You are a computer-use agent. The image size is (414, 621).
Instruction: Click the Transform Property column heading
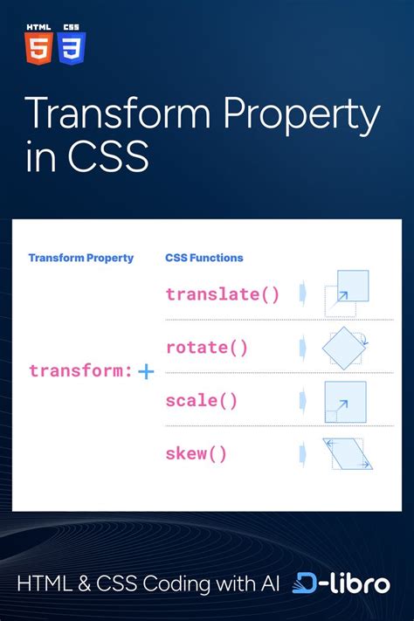(x=81, y=258)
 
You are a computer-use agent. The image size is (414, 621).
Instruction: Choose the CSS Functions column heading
(x=204, y=258)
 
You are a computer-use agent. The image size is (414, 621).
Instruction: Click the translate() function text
(x=223, y=293)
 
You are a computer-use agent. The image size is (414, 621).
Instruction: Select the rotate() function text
(x=207, y=348)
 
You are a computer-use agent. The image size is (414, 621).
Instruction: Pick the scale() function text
(x=201, y=401)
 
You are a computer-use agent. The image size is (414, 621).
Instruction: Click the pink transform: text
(x=80, y=371)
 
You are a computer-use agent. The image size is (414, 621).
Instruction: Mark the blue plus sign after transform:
(x=146, y=372)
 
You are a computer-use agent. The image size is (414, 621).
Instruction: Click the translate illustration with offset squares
(x=347, y=293)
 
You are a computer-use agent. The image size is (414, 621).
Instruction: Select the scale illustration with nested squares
(x=345, y=401)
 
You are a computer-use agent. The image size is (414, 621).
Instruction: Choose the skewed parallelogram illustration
(x=347, y=453)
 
